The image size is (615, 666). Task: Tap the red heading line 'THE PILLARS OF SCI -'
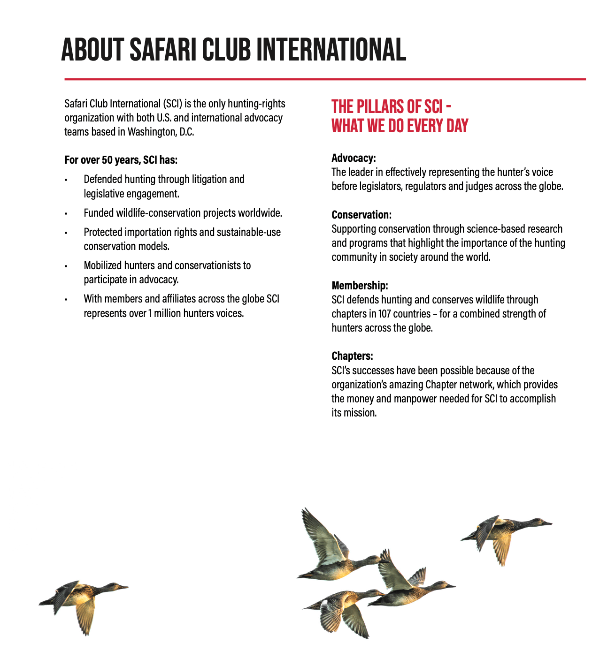point(392,107)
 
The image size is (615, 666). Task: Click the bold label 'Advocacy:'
point(354,158)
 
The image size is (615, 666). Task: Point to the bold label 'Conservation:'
point(361,215)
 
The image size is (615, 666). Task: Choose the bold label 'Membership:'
point(360,286)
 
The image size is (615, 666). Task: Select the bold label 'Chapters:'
point(352,356)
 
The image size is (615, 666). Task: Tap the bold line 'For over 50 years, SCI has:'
point(121,160)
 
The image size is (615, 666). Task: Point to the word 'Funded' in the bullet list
point(99,213)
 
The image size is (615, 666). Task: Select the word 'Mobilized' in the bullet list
point(103,265)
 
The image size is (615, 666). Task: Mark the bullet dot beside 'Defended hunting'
point(66,180)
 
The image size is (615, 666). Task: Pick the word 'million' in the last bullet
point(168,313)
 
